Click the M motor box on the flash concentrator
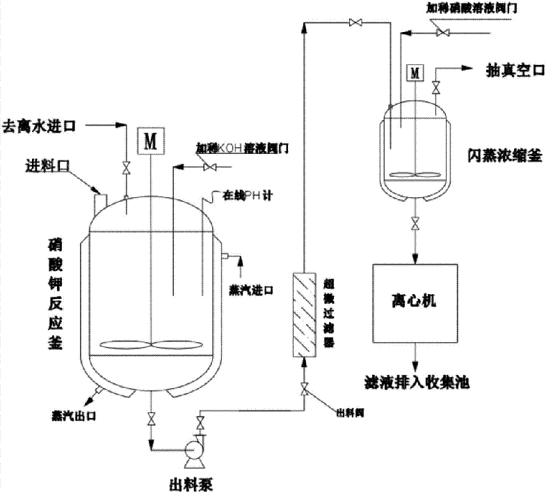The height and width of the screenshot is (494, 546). [416, 72]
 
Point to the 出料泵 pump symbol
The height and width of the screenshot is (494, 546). [192, 453]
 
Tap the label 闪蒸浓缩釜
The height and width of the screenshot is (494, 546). [504, 156]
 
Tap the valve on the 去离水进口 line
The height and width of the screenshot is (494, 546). [126, 169]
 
